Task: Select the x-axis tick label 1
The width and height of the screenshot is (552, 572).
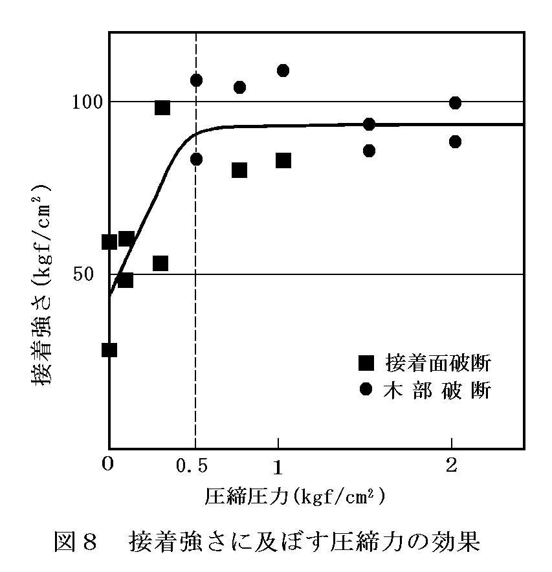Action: [x=278, y=466]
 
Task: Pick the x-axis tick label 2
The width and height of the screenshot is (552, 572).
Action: [x=452, y=466]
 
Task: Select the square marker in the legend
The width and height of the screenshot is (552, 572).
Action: [x=366, y=362]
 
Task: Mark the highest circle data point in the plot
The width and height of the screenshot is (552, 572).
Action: [x=283, y=70]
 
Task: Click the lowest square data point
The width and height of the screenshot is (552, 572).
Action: [x=109, y=349]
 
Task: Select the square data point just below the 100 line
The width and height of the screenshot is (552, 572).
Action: [x=162, y=107]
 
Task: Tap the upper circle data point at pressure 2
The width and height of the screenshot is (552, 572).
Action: [x=455, y=103]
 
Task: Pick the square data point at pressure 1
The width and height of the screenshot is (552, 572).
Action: [x=283, y=160]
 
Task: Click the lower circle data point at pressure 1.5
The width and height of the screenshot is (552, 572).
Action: [x=369, y=150]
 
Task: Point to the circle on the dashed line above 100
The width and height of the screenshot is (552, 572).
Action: [x=196, y=80]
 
